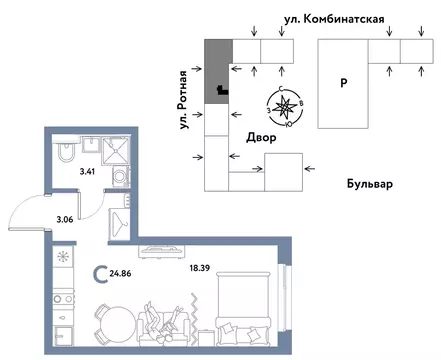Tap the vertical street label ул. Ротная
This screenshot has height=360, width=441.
pos(183,121)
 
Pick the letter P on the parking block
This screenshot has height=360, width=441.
pos(342,85)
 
